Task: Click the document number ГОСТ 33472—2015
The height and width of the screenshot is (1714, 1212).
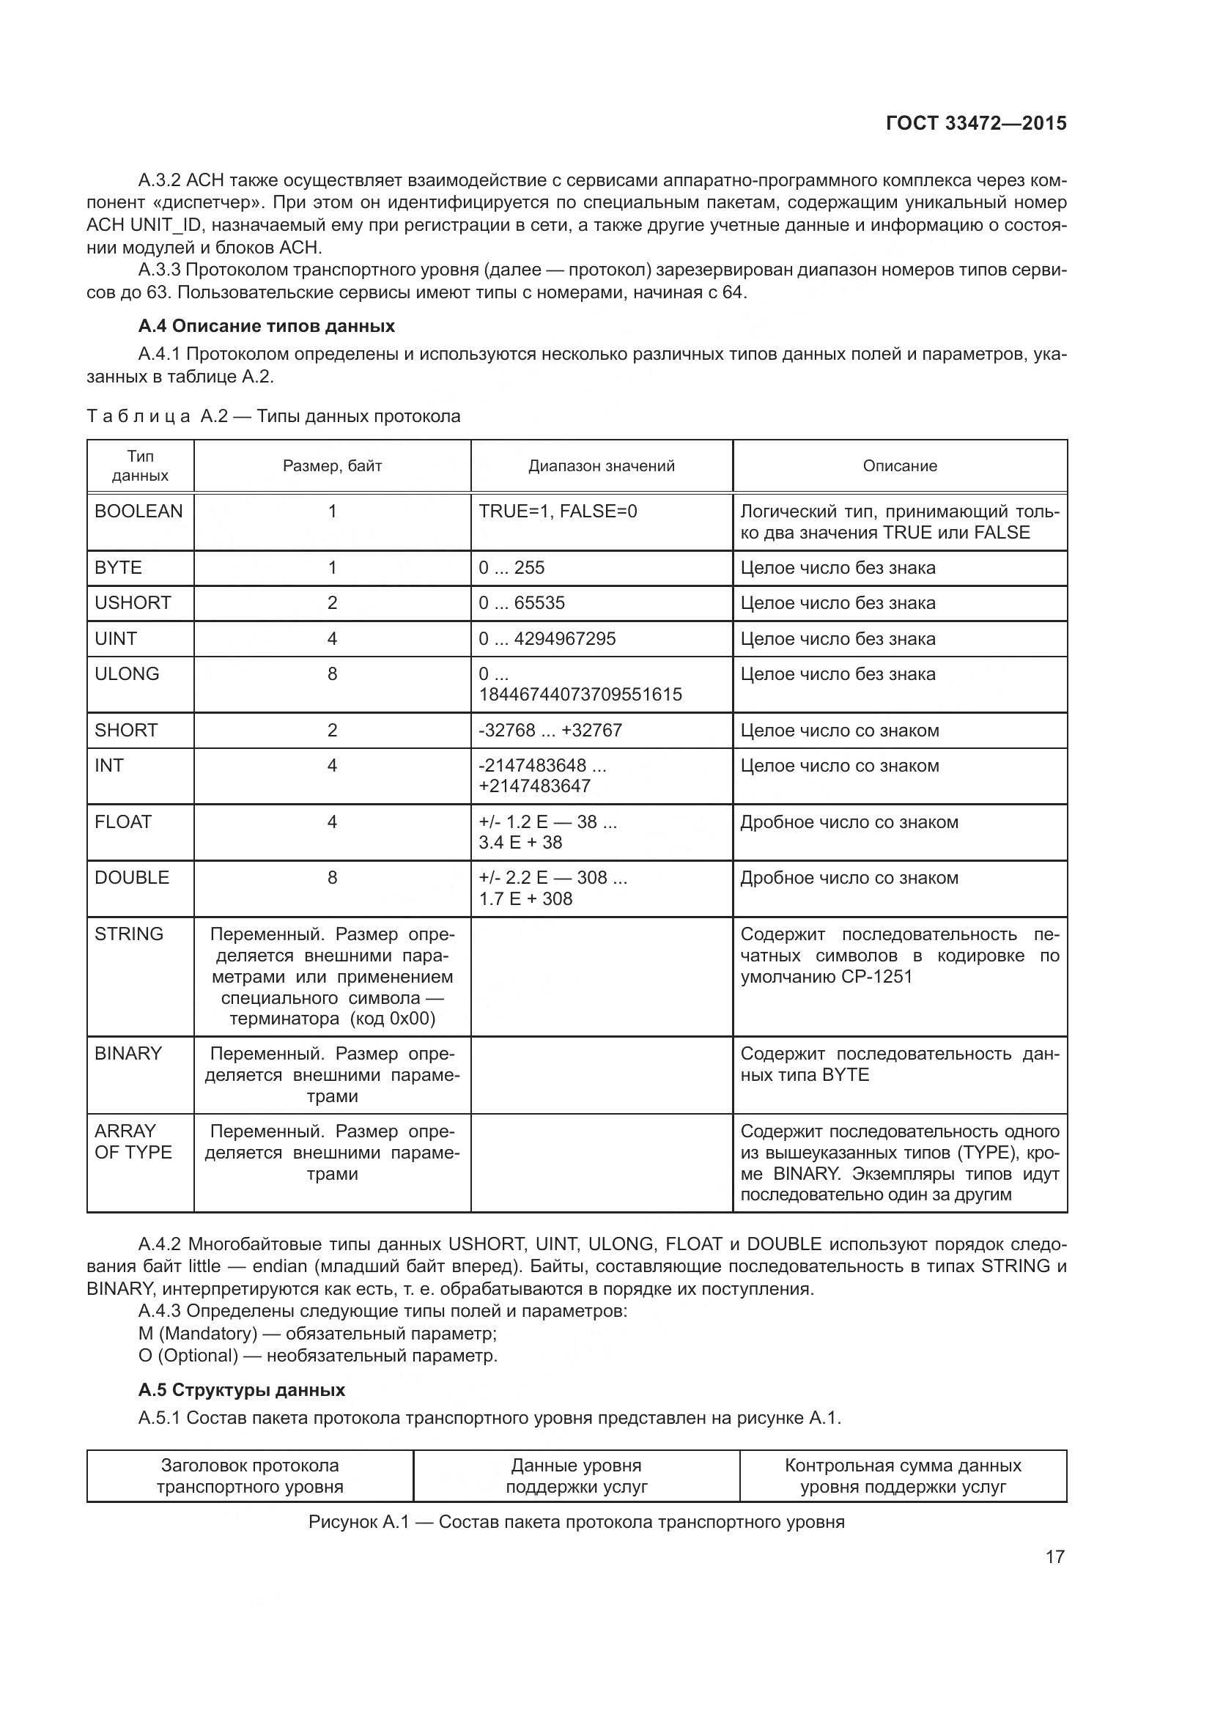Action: [x=975, y=123]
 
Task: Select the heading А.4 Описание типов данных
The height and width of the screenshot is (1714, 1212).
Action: [x=267, y=326]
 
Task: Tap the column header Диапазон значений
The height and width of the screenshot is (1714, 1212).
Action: [x=602, y=466]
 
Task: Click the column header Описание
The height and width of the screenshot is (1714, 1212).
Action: [x=899, y=466]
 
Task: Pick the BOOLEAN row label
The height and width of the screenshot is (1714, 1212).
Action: [x=138, y=511]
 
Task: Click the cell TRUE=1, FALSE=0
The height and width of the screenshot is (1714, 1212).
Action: [x=558, y=511]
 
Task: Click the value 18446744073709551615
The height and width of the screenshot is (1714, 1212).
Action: [x=580, y=695]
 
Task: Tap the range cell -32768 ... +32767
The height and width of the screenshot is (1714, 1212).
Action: [x=550, y=731]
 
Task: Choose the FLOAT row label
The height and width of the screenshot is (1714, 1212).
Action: [x=123, y=822]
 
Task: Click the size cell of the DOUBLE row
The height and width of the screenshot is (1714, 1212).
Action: [x=332, y=878]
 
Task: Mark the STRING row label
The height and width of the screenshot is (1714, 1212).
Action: [x=128, y=934]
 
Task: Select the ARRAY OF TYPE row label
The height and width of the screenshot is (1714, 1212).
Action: [x=133, y=1142]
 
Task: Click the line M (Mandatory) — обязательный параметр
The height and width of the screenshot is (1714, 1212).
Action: [x=317, y=1333]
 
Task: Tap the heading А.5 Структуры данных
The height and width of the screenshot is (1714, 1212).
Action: [x=241, y=1390]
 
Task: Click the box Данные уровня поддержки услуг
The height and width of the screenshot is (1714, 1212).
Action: [x=576, y=1476]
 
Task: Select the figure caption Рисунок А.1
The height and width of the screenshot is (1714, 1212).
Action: [x=576, y=1522]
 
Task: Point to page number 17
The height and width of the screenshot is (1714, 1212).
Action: [x=1054, y=1557]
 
